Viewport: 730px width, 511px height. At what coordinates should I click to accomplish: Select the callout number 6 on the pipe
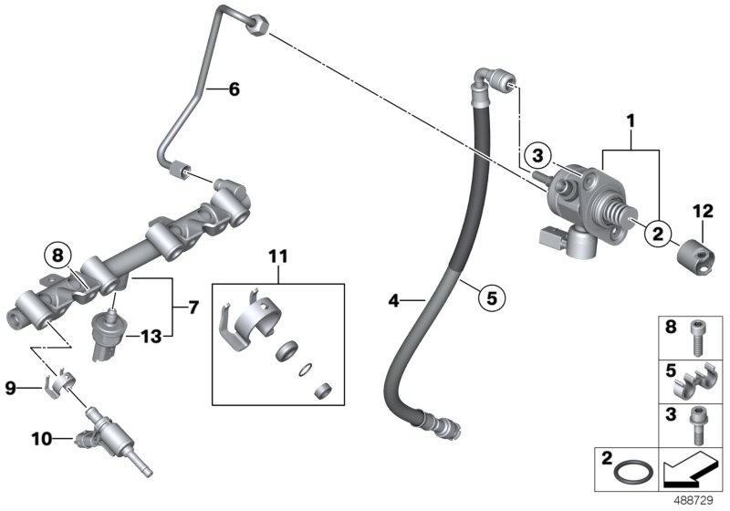233,89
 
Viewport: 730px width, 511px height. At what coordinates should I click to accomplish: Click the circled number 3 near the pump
537,152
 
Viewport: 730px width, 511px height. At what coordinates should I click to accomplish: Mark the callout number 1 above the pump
629,120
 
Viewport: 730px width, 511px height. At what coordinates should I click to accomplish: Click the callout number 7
193,309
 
